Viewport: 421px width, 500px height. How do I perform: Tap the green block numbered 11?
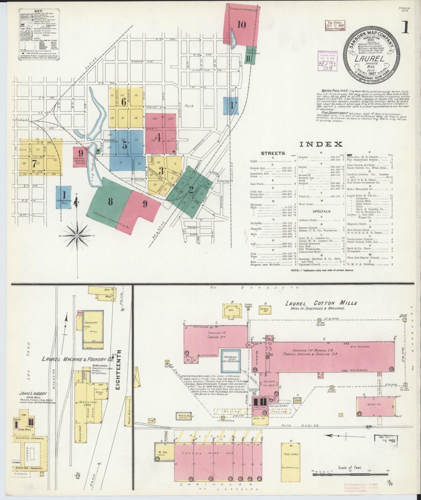[x=249, y=58]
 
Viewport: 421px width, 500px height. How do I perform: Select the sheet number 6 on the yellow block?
[x=124, y=102]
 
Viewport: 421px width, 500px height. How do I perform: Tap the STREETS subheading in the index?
[x=273, y=153]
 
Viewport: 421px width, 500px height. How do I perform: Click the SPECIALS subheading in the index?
[x=321, y=211]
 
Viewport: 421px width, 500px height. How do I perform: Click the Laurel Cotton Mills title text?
[x=321, y=303]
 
